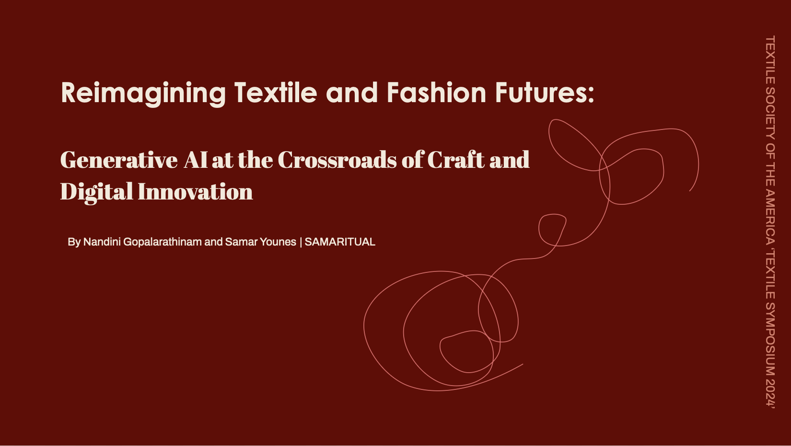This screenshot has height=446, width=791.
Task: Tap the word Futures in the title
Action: (545, 93)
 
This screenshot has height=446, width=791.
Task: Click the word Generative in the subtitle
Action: (119, 160)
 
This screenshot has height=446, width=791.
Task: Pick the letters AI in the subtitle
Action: (196, 160)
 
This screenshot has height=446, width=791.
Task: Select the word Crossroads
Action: (337, 160)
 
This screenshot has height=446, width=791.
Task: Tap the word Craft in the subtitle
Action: (455, 160)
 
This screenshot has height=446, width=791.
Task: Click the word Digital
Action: (96, 192)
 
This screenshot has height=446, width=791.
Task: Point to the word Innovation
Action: (195, 192)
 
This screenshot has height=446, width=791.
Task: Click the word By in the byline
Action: (74, 242)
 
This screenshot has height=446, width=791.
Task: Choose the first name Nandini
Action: (102, 242)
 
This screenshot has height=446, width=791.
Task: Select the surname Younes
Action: (279, 242)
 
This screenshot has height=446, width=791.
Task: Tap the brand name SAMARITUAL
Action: (340, 242)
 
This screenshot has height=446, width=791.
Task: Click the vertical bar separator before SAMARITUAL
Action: (301, 242)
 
